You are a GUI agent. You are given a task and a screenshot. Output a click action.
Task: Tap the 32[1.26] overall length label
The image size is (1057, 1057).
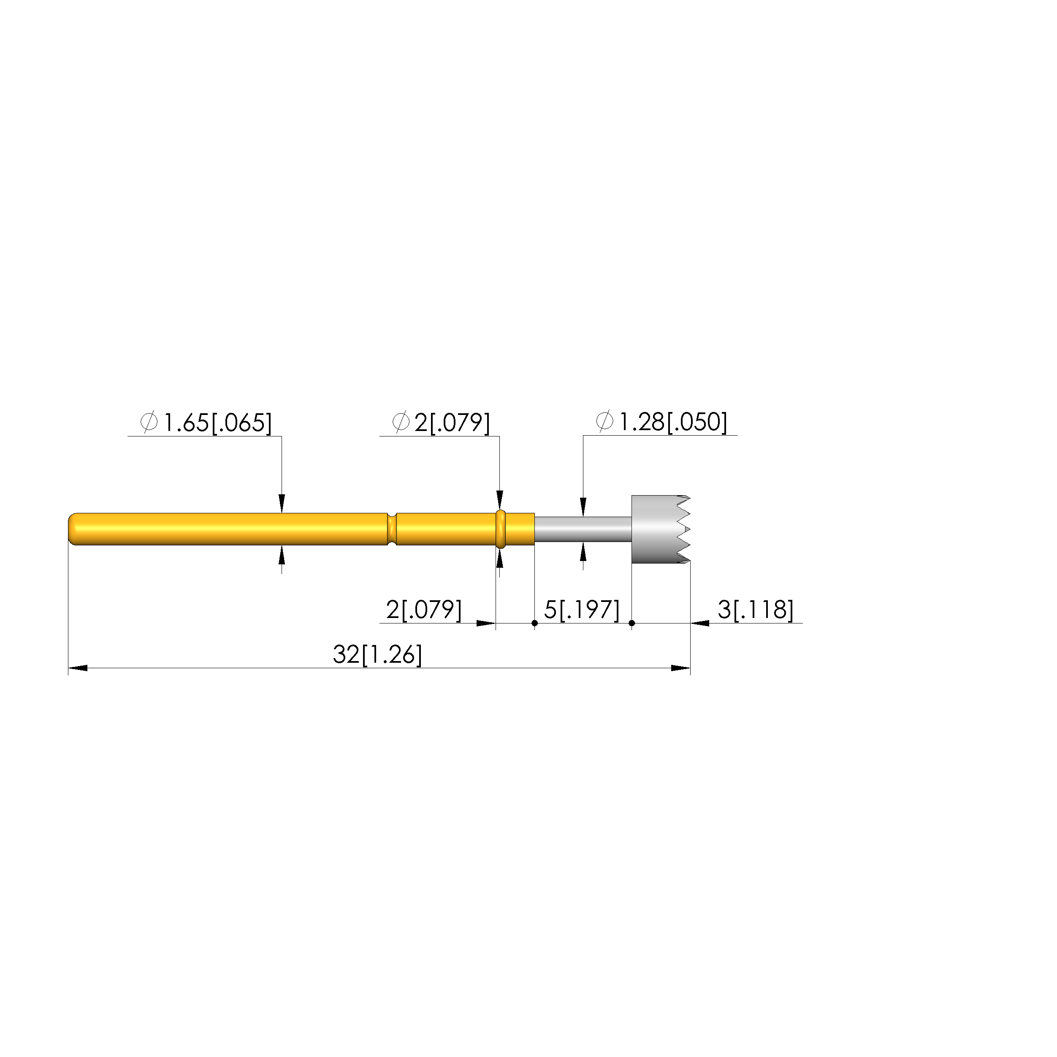pyautogui.click(x=377, y=655)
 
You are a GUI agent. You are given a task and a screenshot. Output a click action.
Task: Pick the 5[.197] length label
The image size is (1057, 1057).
pyautogui.click(x=582, y=610)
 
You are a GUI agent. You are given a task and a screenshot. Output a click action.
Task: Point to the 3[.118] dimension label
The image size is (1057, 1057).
pyautogui.click(x=755, y=610)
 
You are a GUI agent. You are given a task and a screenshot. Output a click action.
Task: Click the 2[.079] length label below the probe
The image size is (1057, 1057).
pyautogui.click(x=424, y=610)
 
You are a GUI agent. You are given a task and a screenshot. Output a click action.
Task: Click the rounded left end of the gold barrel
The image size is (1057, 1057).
pyautogui.click(x=73, y=528)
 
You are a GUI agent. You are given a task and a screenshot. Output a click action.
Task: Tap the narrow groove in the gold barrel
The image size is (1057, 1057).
pyautogui.click(x=391, y=529)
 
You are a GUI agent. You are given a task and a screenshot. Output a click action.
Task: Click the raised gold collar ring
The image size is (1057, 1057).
pyautogui.click(x=500, y=528)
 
